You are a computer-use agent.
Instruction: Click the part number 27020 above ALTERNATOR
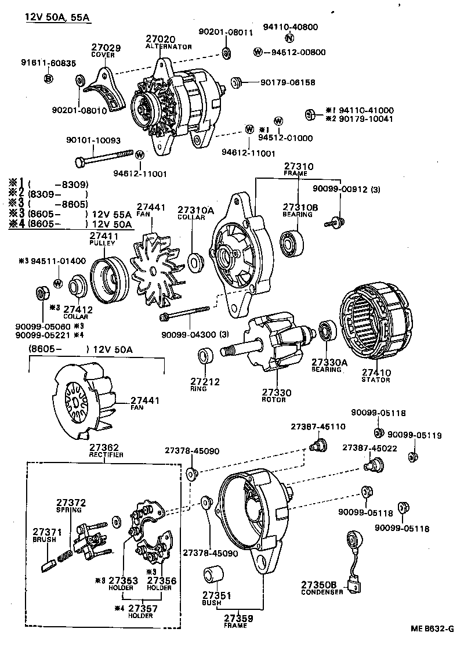click(160, 39)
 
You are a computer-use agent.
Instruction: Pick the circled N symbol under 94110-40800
click(289, 38)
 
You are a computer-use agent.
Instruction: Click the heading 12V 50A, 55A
click(57, 17)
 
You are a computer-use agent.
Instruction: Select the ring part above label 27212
click(205, 356)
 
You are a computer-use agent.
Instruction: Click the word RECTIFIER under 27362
click(106, 455)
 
